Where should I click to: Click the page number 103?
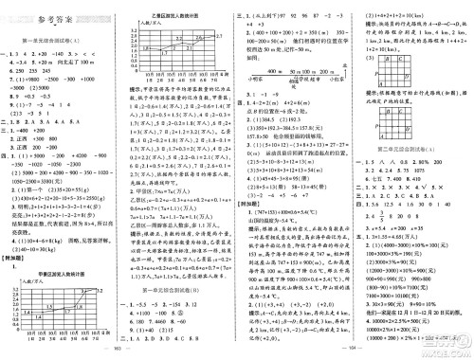coord(113,354)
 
